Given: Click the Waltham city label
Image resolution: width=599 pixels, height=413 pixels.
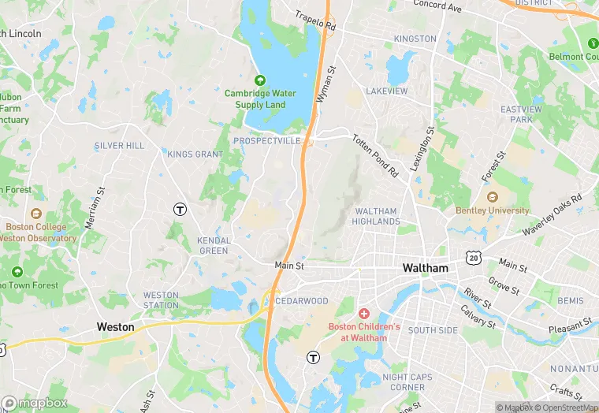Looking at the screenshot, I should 425,268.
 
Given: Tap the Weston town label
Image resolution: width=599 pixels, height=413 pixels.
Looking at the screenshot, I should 115,326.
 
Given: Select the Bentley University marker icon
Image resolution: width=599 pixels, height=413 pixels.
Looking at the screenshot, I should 493,197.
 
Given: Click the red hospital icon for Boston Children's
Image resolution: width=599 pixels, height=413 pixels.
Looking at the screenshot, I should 364,314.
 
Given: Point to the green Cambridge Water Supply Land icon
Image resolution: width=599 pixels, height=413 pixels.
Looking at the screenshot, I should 260,80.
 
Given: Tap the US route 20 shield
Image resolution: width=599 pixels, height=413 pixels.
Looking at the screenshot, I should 472,258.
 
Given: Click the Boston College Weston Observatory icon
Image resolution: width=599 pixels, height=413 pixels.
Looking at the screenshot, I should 35,214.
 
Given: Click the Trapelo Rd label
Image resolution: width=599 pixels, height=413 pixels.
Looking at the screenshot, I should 314,20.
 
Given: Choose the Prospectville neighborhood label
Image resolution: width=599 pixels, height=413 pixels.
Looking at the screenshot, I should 267,140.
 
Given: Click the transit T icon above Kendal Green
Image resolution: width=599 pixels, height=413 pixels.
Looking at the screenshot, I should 180,209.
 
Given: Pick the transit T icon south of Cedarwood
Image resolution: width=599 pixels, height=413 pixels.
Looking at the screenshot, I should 312,357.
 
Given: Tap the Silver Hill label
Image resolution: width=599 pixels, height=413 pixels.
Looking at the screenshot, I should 119,146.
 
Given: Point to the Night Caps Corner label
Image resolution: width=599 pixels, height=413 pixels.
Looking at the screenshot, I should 407,382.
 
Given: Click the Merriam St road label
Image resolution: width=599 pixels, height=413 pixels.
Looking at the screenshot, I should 95,207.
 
